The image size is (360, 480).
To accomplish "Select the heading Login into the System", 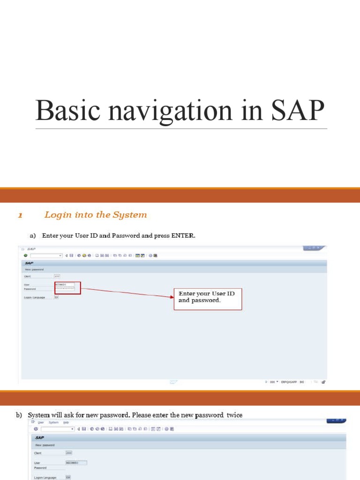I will (95, 215).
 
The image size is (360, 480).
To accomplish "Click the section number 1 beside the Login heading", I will (20, 216).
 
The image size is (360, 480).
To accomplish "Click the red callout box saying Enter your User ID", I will (208, 299).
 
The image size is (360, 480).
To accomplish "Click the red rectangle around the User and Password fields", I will (67, 288).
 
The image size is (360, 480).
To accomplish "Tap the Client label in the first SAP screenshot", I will (28, 276).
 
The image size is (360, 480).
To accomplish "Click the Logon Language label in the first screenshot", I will (35, 297).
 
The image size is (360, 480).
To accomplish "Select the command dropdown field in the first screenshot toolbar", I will (46, 255).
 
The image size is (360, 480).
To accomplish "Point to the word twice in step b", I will (234, 415).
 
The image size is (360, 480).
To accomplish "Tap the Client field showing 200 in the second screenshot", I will (69, 453).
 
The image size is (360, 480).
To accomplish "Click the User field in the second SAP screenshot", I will (76, 463).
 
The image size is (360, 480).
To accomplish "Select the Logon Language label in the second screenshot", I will (45, 478).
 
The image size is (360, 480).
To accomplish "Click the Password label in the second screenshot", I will (40, 468).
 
